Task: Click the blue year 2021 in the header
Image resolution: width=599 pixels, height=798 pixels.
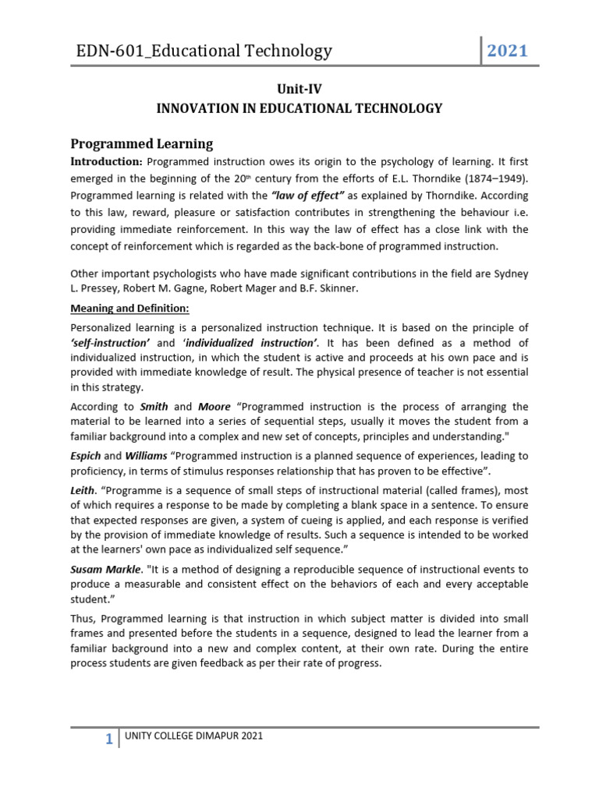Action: click(x=508, y=51)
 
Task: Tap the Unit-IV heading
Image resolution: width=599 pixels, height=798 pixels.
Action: click(x=299, y=89)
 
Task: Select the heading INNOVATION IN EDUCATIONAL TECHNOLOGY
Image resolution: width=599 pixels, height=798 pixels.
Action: click(x=299, y=108)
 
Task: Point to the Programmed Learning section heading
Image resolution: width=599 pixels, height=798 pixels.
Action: click(x=141, y=143)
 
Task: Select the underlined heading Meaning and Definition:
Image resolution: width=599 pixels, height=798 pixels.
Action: click(x=129, y=308)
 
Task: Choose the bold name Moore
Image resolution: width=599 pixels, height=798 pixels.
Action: click(x=214, y=407)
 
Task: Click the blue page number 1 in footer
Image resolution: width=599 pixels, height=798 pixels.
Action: click(x=110, y=740)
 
